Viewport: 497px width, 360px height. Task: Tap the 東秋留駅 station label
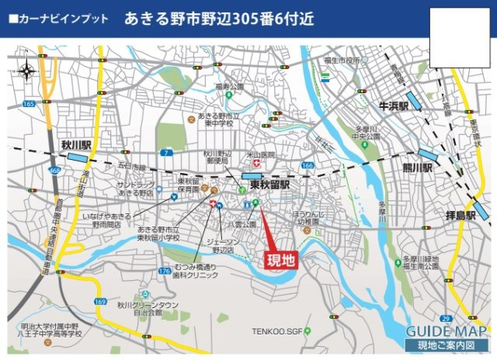click(x=269, y=185)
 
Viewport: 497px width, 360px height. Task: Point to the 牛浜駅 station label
click(x=394, y=105)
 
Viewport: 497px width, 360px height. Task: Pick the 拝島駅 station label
click(x=461, y=214)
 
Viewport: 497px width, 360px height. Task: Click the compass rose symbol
click(x=28, y=71)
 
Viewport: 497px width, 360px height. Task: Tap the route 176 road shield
click(x=164, y=271)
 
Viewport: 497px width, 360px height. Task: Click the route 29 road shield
click(x=445, y=319)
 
